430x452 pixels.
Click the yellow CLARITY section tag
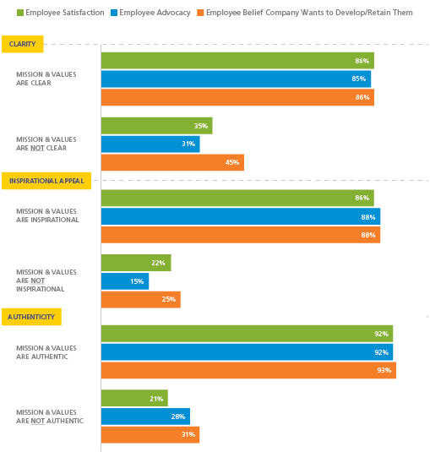coord(23,44)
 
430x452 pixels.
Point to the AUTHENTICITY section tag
coord(30,317)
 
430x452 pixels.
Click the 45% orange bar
coord(172,162)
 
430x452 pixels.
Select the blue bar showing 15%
coord(125,281)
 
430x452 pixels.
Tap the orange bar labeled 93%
coord(248,370)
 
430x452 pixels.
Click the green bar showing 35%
coord(156,125)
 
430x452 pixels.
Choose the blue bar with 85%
coord(236,79)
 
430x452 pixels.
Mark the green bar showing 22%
coord(136,263)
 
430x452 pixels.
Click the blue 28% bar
coord(145,416)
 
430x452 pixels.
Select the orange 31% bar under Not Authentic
coord(150,434)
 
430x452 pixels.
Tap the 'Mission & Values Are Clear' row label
coord(46,79)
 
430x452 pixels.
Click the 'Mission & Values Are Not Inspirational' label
coord(46,280)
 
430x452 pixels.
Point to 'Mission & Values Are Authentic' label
coord(46,351)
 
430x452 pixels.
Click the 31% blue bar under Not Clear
coord(150,144)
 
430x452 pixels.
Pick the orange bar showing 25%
coord(140,299)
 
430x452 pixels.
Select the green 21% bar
coord(134,397)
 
